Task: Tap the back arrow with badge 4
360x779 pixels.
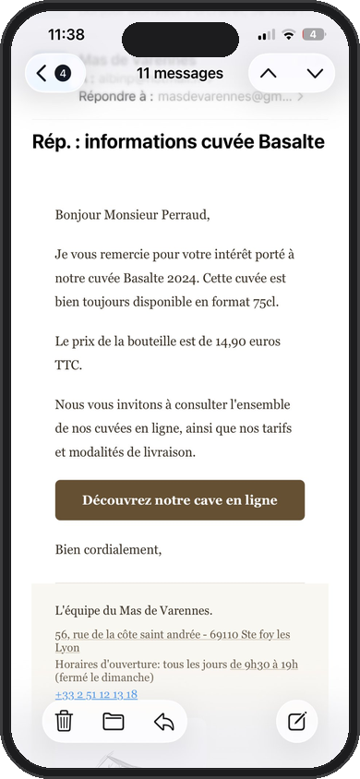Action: [x=54, y=73]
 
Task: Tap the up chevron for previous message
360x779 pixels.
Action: [x=268, y=73]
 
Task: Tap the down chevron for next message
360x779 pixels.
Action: [x=315, y=73]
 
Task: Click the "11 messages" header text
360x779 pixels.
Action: [x=179, y=73]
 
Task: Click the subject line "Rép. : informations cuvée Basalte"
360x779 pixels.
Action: [x=178, y=142]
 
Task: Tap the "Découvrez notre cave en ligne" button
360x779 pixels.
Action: [x=179, y=500]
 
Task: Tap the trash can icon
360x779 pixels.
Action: [x=64, y=722]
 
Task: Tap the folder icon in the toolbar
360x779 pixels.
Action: [x=114, y=722]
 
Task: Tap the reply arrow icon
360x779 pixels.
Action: [x=163, y=722]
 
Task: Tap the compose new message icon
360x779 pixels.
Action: [x=296, y=722]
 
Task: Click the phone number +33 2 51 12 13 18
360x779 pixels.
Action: [x=96, y=694]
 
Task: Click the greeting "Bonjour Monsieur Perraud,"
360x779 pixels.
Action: [x=132, y=215]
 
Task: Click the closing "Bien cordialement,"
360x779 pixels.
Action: [x=108, y=550]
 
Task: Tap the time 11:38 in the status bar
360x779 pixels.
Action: [x=66, y=35]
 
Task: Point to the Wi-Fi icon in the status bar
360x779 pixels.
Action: [x=289, y=35]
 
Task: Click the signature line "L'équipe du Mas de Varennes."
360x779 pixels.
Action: [x=134, y=610]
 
